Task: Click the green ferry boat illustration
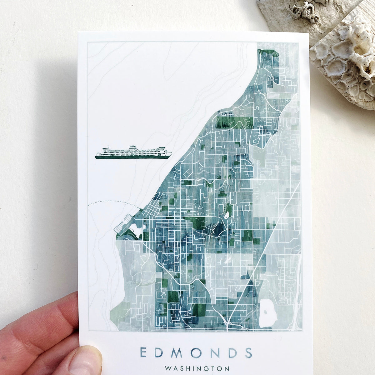[x=133, y=152]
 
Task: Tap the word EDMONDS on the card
[x=196, y=352]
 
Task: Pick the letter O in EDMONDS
[x=196, y=352]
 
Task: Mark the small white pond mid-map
[x=227, y=215]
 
